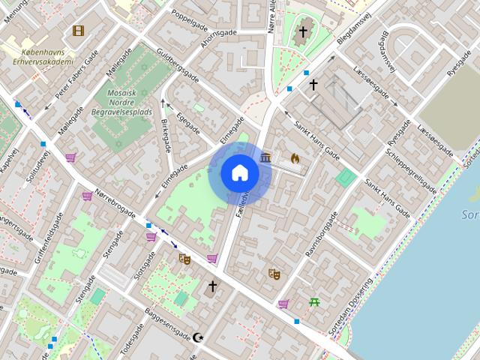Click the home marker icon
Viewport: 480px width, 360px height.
pos(240,173)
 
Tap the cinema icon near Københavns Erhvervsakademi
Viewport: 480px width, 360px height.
pos(78,31)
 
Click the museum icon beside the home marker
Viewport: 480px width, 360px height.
pos(266,157)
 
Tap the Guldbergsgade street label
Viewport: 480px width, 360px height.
pos(178,67)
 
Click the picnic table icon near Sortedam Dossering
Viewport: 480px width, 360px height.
pos(313,303)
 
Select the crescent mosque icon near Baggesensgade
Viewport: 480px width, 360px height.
pos(198,338)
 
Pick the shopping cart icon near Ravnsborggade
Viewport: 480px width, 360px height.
pos(283,304)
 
